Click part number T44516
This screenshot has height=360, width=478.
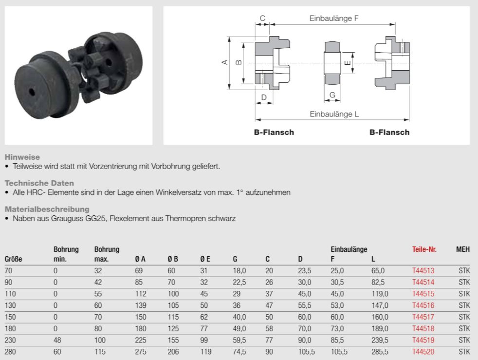[423, 305]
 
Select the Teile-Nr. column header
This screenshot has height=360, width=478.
[424, 249]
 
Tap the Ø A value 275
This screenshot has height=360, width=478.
[141, 352]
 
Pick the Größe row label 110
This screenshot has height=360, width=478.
[10, 294]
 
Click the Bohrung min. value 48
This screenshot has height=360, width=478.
[57, 340]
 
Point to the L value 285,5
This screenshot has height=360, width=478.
[380, 352]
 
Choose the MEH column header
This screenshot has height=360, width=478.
[463, 249]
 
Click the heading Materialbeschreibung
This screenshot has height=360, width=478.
[47, 209]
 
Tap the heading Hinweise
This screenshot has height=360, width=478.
[22, 157]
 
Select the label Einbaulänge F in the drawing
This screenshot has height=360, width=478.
[334, 19]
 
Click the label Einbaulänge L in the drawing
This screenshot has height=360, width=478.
[334, 114]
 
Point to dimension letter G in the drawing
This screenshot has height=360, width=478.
[332, 95]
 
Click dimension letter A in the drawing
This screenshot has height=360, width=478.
[225, 62]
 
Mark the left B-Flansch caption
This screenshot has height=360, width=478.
[274, 133]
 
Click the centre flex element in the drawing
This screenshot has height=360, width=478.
[332, 63]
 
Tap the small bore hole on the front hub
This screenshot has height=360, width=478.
[32, 92]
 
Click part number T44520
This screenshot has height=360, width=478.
[423, 352]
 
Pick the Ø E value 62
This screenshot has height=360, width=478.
[204, 317]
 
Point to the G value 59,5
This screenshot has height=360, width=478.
[239, 340]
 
